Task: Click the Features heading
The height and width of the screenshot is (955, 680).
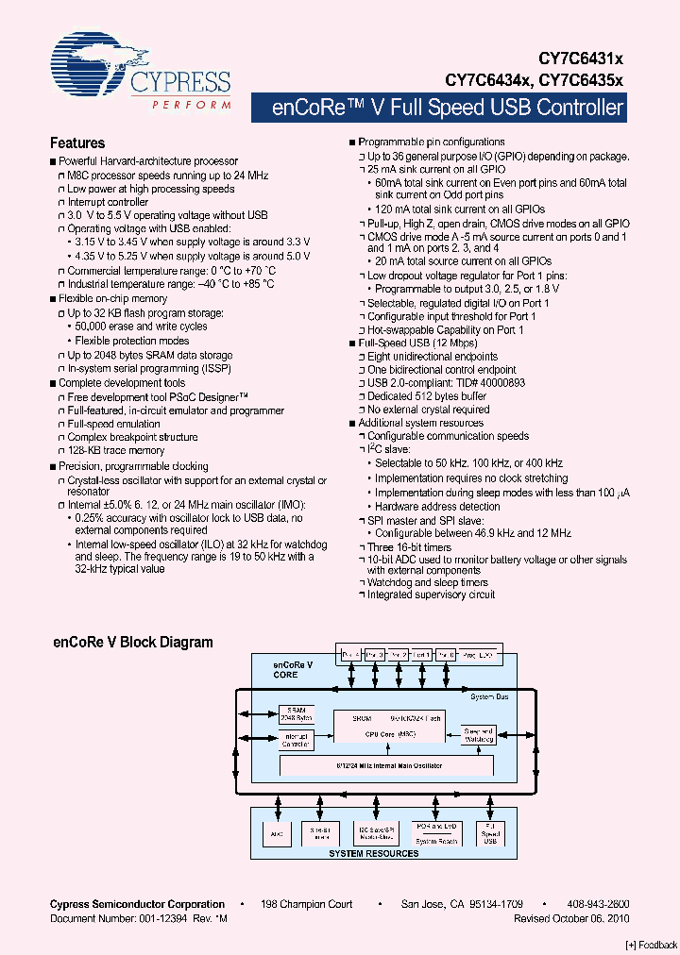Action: pyautogui.click(x=76, y=143)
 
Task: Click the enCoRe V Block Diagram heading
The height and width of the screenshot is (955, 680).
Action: pyautogui.click(x=131, y=643)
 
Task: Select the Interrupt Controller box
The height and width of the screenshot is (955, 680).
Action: pyautogui.click(x=297, y=741)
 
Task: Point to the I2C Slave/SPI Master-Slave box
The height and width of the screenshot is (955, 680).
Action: pyautogui.click(x=375, y=832)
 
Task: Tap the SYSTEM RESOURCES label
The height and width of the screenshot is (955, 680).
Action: pyautogui.click(x=373, y=853)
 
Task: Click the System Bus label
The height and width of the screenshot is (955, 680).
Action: pyautogui.click(x=489, y=696)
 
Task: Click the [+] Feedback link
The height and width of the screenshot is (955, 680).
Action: pyautogui.click(x=652, y=945)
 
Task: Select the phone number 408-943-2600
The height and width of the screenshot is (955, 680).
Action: pyautogui.click(x=598, y=904)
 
